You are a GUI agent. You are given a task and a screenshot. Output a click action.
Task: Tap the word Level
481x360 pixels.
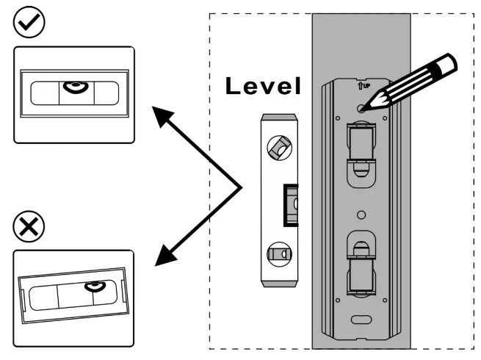pos(263,87)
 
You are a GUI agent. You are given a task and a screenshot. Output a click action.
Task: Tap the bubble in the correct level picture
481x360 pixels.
pos(74,88)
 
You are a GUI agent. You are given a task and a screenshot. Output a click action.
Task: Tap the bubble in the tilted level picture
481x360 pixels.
pos(93,285)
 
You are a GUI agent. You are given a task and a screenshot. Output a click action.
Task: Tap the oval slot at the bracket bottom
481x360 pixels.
pos(361,320)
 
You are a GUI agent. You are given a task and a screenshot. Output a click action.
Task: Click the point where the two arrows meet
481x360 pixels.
pos(242,188)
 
